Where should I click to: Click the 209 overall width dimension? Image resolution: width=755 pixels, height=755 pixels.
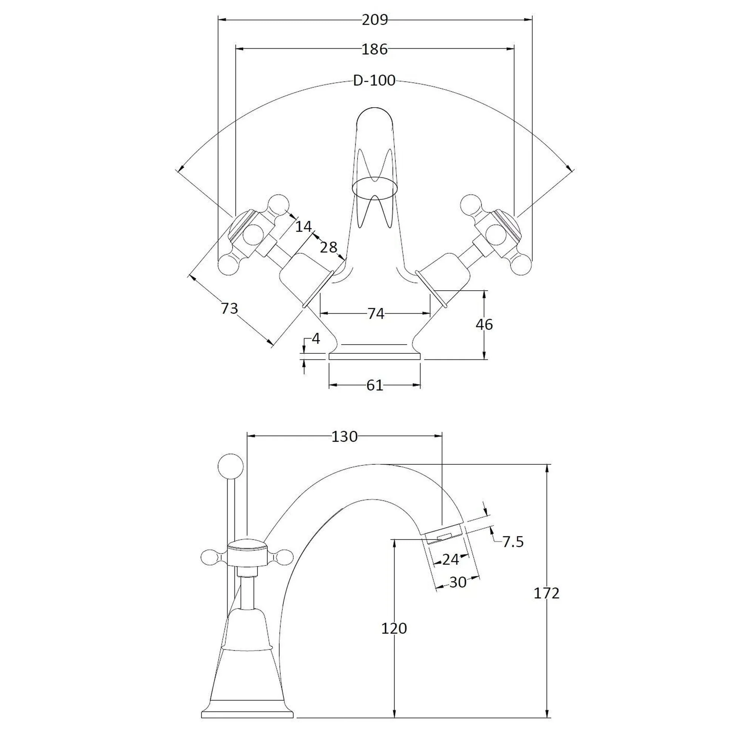[x=374, y=20]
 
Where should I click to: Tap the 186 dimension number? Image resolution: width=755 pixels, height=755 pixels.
[x=374, y=49]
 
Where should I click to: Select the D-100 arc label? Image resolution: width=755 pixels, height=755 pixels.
[x=374, y=80]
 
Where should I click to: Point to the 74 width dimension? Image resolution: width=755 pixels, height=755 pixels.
[x=376, y=313]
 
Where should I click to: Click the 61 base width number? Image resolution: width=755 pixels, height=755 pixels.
[x=375, y=385]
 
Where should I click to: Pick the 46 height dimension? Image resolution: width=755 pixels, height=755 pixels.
[x=484, y=324]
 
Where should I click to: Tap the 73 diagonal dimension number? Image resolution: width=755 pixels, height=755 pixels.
[x=230, y=308]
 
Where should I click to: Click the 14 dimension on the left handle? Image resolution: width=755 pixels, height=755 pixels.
[x=303, y=226]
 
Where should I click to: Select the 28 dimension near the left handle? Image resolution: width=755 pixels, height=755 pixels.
[x=328, y=247]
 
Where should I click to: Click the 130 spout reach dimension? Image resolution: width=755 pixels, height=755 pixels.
[x=344, y=436]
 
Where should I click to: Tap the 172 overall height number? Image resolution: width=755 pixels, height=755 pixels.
[x=546, y=593]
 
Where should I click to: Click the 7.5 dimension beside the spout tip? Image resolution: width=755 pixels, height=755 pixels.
[x=513, y=542]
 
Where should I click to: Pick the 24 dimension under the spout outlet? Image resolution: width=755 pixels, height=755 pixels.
[x=450, y=559]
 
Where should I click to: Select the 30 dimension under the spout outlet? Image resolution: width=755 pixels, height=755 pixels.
[x=458, y=582]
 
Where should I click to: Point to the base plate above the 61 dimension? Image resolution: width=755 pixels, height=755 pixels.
[x=375, y=356]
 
